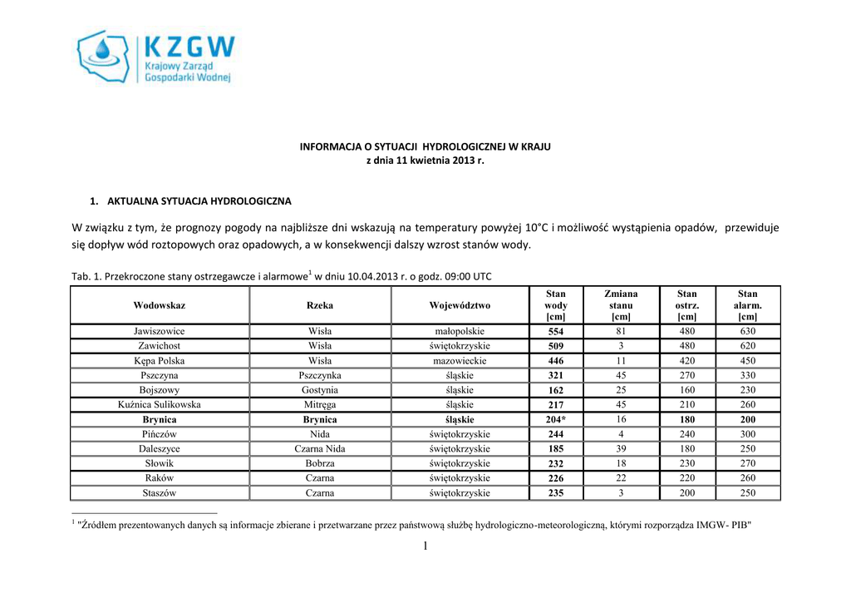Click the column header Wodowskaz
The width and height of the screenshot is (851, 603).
click(160, 305)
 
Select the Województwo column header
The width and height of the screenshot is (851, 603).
click(460, 305)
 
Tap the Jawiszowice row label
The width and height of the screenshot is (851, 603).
click(160, 331)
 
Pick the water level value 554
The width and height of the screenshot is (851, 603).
click(555, 331)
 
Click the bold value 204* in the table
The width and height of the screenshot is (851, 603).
click(555, 420)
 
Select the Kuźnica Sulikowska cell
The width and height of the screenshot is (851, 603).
click(160, 405)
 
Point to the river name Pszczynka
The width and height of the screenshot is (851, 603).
click(320, 375)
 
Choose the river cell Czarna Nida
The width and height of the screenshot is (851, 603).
click(320, 449)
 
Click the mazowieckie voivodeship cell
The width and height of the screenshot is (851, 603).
click(460, 361)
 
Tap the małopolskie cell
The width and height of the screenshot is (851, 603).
click(460, 331)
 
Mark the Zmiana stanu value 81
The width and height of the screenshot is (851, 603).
click(621, 330)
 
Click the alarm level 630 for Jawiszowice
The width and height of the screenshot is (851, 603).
click(747, 331)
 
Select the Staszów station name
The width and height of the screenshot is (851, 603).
click(160, 493)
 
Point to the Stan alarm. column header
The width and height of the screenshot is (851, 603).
click(747, 305)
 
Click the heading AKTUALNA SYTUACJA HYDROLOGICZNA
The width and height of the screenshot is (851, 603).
click(199, 201)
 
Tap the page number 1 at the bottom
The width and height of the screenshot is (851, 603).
click(425, 546)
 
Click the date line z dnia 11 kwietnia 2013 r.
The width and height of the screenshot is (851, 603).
click(425, 161)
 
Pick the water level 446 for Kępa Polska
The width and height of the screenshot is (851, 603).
click(555, 361)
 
